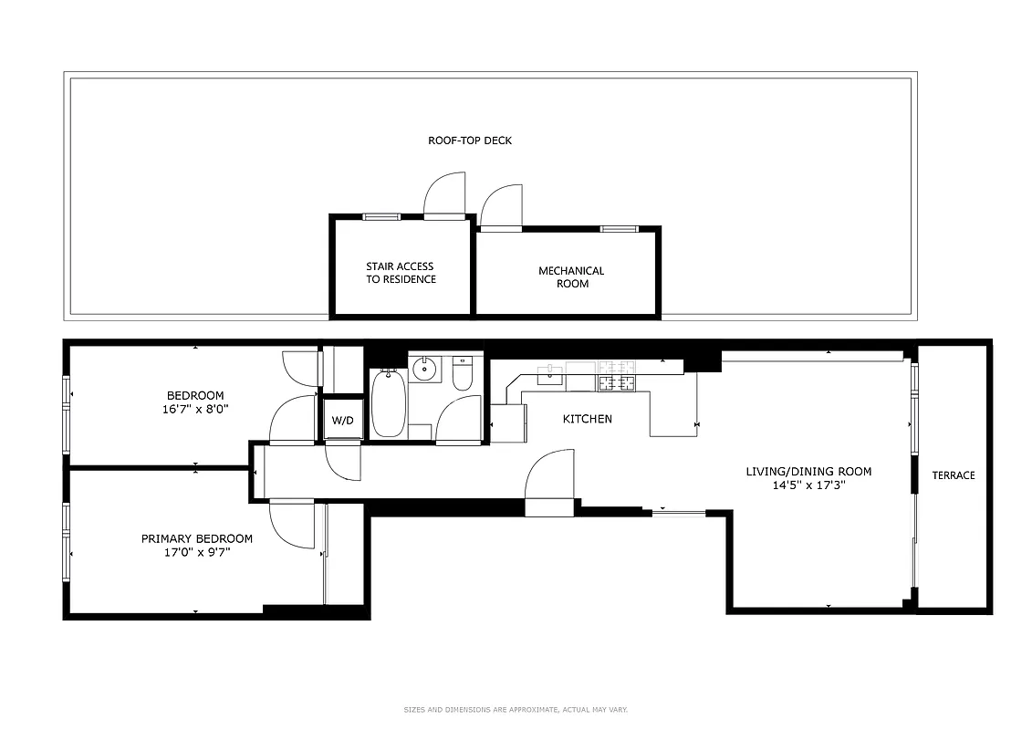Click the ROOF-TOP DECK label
470,141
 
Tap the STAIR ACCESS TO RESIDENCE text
401,273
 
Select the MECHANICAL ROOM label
571,276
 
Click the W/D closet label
342,421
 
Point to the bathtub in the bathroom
388,405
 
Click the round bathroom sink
424,370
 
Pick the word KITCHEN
587,419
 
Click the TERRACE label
953,475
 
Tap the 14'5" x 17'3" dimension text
808,486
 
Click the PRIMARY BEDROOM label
196,538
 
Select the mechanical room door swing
500,205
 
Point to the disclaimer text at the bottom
516,709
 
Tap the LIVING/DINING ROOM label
808,472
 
